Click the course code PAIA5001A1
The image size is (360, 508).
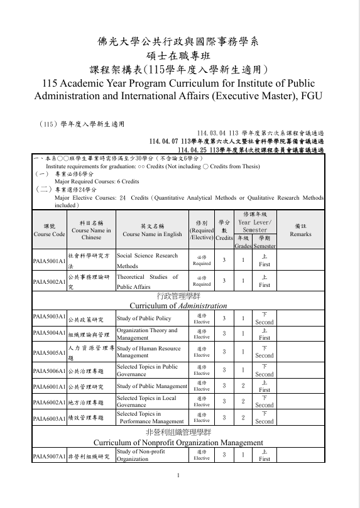49,261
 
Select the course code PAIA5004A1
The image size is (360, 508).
49,333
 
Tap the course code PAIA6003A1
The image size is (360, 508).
49,418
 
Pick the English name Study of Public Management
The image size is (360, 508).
152,386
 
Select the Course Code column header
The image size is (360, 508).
49,230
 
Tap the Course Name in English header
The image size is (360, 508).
152,230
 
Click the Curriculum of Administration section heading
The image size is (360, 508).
178,305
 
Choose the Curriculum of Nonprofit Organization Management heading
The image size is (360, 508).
178,443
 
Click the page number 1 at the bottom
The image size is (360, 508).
179,492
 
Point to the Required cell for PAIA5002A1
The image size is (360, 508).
202,281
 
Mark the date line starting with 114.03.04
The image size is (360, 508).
260,134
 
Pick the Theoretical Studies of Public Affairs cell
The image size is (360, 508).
148,281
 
